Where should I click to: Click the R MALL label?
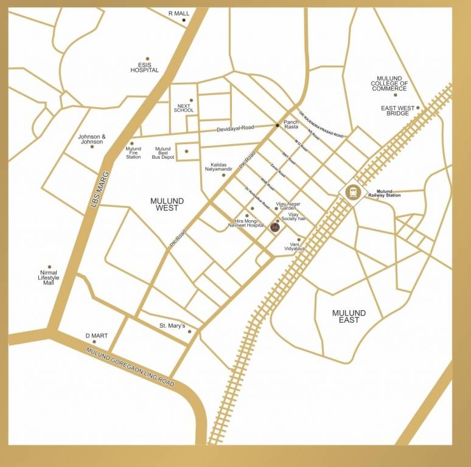[x=178, y=13]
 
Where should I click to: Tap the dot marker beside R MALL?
[x=184, y=20]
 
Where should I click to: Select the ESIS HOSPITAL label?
[x=144, y=67]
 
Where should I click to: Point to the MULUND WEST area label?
[x=167, y=204]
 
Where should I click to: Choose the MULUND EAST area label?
[x=349, y=316]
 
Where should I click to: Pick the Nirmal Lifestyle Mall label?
[x=49, y=278]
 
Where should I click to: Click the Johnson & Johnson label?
[x=92, y=139]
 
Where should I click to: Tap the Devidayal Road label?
[x=235, y=129]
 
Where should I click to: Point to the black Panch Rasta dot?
[x=277, y=125]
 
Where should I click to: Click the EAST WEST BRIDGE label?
[x=398, y=111]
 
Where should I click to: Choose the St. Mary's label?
[x=172, y=326]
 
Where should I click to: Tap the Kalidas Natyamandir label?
[x=222, y=167]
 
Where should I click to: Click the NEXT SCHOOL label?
[x=184, y=108]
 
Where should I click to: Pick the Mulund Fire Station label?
[x=133, y=153]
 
